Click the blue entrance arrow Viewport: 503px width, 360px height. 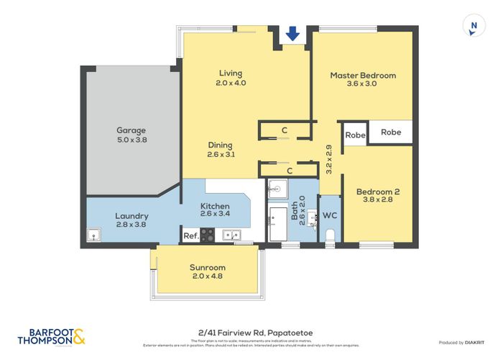[x=292, y=33]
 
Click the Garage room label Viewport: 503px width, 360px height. [x=131, y=131]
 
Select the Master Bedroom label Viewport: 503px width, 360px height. [x=363, y=75]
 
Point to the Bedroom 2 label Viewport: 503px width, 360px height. [x=378, y=192]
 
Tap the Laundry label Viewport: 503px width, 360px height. [x=131, y=216]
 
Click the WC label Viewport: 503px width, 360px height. [x=330, y=216]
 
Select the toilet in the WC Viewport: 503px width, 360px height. [x=330, y=235]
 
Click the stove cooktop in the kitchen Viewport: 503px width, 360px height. [x=208, y=234]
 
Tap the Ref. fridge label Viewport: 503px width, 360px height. [x=190, y=235]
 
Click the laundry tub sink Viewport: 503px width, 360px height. [x=94, y=235]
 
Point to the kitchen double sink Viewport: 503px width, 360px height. [x=231, y=235]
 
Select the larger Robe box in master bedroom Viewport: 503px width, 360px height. [x=391, y=132]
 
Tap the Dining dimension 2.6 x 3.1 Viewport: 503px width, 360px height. [x=221, y=154]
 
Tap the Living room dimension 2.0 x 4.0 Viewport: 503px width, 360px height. [x=231, y=83]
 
